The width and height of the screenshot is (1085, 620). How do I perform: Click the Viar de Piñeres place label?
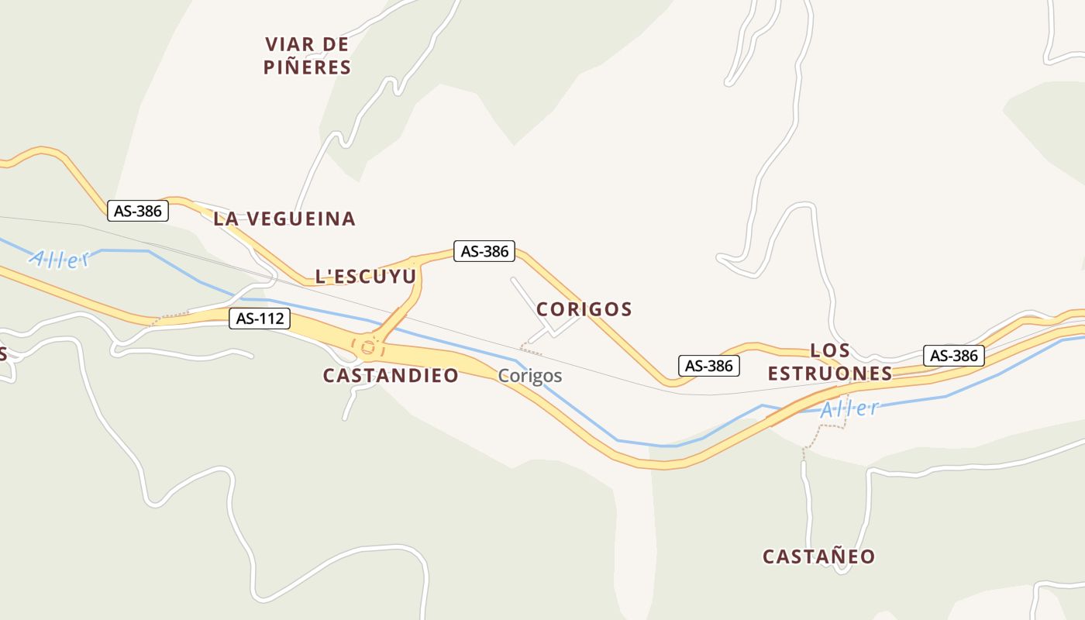(x=307, y=55)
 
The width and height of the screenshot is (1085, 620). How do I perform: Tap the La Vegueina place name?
(x=284, y=219)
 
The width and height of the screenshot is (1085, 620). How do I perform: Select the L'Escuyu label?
(x=366, y=276)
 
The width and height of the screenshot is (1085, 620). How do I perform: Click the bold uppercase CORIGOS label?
(x=584, y=309)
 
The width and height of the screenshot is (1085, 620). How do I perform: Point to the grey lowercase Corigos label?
(x=530, y=376)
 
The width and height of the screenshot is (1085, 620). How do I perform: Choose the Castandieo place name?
(x=391, y=376)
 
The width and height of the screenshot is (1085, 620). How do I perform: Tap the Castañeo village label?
(x=819, y=556)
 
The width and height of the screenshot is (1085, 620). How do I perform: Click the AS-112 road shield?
(x=260, y=318)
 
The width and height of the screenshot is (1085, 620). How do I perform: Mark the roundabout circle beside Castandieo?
(x=367, y=348)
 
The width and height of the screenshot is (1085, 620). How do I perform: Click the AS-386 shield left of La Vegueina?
(x=138, y=210)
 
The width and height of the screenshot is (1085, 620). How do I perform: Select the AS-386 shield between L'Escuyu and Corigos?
(x=485, y=251)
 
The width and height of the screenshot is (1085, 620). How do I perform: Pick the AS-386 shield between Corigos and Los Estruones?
(x=709, y=366)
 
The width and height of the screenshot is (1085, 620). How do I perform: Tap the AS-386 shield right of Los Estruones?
(x=954, y=356)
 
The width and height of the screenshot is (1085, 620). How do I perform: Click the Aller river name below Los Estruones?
(x=850, y=408)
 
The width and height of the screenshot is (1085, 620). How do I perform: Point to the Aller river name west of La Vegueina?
(x=60, y=259)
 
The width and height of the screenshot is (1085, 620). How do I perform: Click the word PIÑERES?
(x=307, y=67)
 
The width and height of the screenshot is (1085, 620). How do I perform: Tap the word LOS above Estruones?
(x=830, y=350)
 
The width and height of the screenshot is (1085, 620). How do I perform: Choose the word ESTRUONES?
(x=830, y=374)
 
